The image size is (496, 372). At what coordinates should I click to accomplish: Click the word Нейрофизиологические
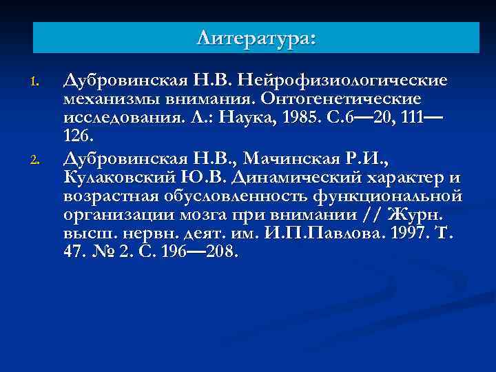pyautogui.click(x=346, y=81)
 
